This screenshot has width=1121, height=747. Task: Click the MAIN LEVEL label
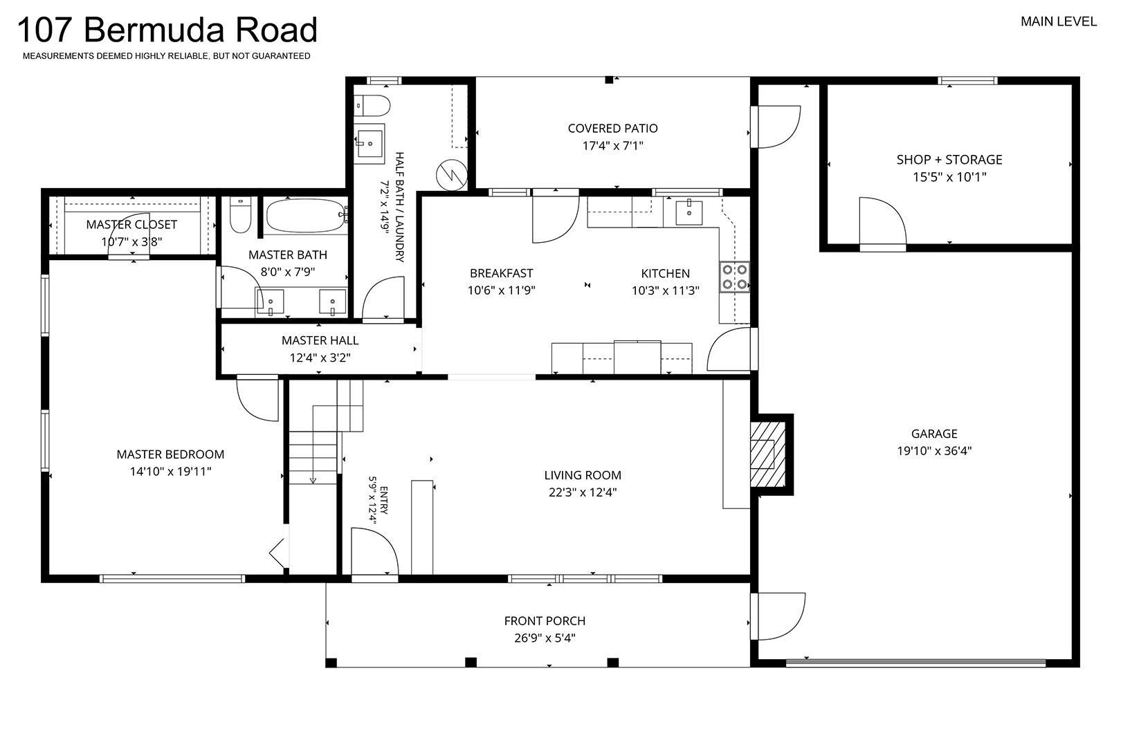[x=1059, y=21]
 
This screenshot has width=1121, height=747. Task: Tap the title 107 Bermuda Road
[x=167, y=30]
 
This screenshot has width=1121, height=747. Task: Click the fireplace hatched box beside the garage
[x=767, y=454]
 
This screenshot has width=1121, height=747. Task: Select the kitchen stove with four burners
[x=735, y=277]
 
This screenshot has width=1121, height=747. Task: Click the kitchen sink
[x=689, y=212]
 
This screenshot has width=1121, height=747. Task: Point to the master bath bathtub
[x=306, y=216]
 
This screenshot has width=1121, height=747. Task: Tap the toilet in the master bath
[x=240, y=214]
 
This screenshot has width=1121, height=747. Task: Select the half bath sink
[x=370, y=144]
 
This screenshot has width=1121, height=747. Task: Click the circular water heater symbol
[x=452, y=175]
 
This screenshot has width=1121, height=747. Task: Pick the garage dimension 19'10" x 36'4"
[x=934, y=451]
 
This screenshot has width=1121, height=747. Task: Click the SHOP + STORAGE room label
[x=949, y=160]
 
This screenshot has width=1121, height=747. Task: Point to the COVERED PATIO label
[x=612, y=129]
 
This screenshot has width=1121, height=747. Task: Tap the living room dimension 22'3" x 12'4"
[x=583, y=492]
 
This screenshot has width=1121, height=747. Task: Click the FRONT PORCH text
[x=545, y=621]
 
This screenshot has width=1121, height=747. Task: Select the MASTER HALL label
[x=320, y=341]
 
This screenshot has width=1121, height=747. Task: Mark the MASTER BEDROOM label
[x=170, y=454]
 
